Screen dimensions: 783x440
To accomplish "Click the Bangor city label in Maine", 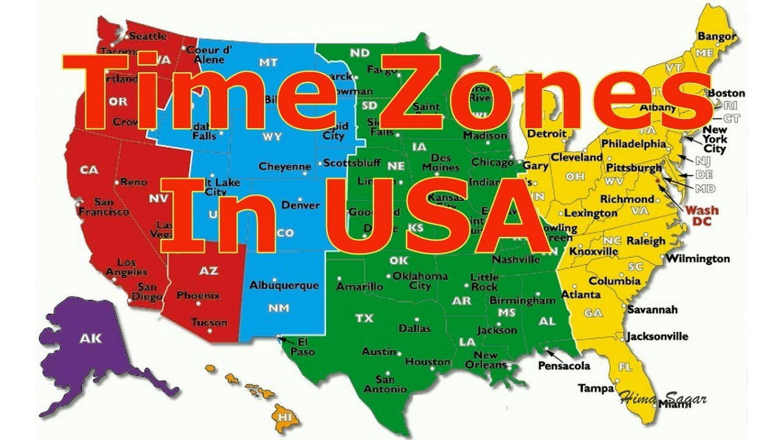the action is (x=717, y=37).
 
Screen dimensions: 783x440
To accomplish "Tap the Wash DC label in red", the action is (x=702, y=215).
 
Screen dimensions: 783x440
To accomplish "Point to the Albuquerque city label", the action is (x=284, y=285).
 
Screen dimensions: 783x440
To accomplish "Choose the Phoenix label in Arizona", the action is (x=198, y=296).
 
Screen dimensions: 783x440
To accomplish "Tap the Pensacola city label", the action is (x=564, y=365).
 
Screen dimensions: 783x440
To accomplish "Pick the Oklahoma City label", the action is (x=420, y=280).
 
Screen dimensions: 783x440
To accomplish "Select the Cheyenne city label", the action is (x=285, y=166).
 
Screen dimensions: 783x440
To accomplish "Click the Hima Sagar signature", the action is (x=663, y=399).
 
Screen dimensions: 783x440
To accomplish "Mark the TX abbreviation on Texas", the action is (x=365, y=318).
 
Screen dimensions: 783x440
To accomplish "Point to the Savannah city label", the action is (x=652, y=310).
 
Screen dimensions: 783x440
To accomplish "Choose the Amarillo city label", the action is (x=360, y=286).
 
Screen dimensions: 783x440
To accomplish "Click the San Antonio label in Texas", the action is (x=385, y=384).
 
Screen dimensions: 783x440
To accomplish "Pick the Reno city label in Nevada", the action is (x=134, y=182).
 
